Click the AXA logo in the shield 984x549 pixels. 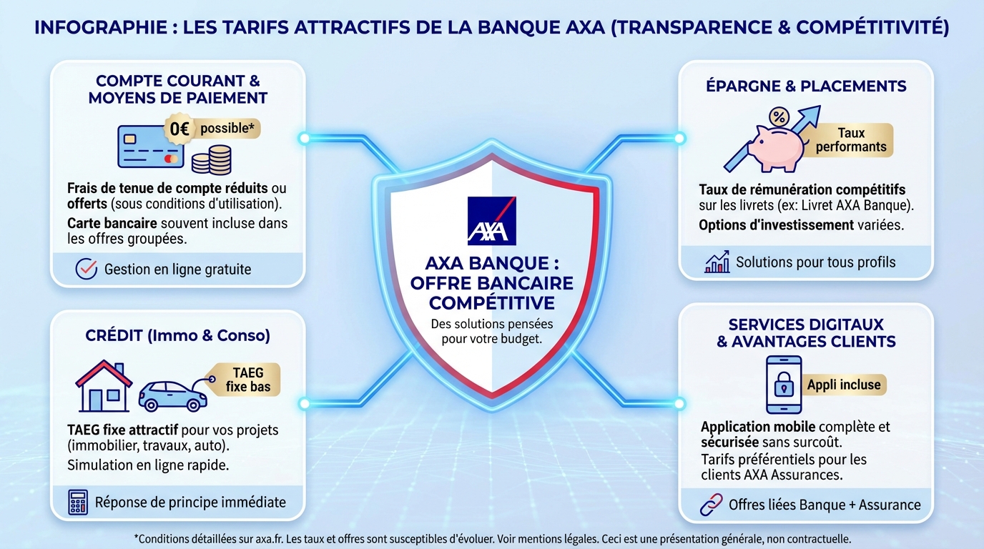[x=491, y=221]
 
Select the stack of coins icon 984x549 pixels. [x=211, y=159]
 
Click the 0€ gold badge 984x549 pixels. [x=177, y=129]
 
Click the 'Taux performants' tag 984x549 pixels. [x=851, y=140]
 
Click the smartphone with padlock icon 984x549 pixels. [x=783, y=385]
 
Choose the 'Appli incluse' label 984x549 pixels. [x=844, y=385]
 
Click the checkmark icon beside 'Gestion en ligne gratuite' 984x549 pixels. [x=86, y=269]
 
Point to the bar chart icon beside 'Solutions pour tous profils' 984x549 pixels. [x=717, y=262]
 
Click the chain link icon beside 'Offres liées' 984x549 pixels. [x=711, y=505]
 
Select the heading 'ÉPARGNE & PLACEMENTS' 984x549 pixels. [x=806, y=86]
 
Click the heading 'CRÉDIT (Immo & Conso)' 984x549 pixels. [x=177, y=335]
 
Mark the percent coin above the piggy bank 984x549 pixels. [x=779, y=116]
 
